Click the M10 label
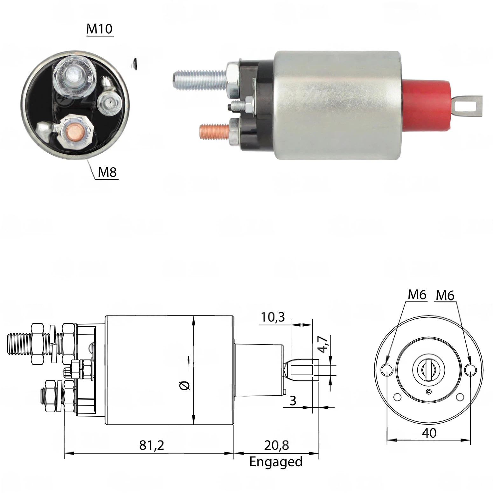tap(100, 29)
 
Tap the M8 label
tap(107, 172)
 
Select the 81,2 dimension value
tap(152, 445)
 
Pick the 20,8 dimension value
tap(276, 445)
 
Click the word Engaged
tap(276, 462)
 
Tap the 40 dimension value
tap(429, 433)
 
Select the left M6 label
tap(417, 295)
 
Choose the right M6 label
tap(445, 295)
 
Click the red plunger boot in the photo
tap(426, 105)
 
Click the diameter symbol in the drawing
tap(185, 385)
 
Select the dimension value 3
tap(293, 401)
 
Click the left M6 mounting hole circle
tap(386, 370)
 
